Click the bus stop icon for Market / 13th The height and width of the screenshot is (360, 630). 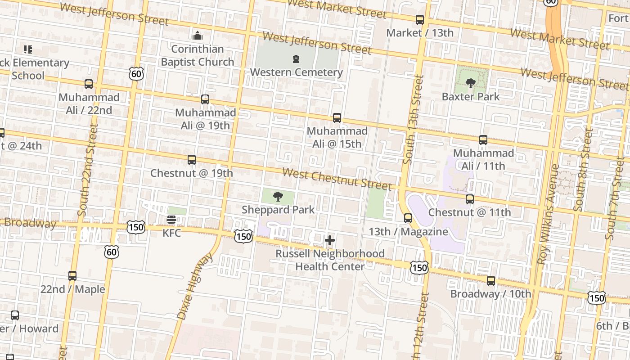(420, 20)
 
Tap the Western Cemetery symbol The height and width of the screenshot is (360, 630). (296, 59)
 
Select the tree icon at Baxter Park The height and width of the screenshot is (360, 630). (471, 83)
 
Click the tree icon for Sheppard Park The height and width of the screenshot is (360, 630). (278, 197)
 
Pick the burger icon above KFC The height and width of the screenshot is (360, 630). (171, 220)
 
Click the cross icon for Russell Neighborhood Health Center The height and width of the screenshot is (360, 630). (330, 241)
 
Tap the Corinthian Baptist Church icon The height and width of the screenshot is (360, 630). (197, 36)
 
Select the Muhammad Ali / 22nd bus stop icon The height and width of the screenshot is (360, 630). (89, 84)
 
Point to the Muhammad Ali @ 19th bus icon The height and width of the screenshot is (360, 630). (205, 99)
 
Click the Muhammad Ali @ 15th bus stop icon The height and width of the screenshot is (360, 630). (337, 118)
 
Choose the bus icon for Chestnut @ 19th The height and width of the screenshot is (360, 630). (192, 160)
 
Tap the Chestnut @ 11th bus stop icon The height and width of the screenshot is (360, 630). (470, 199)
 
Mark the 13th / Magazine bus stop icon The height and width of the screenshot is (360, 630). (408, 218)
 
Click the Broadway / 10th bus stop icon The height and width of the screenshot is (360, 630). (491, 281)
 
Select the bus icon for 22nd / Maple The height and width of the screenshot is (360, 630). (72, 276)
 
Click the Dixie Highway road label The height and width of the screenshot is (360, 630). (195, 286)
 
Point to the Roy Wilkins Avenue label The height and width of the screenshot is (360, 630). (548, 214)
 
